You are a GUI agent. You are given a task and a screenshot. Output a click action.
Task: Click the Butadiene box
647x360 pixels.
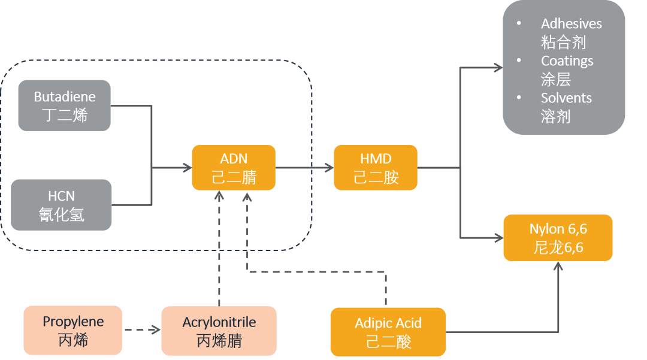[64, 105]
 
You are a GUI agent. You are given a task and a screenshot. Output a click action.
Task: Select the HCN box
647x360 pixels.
[61, 205]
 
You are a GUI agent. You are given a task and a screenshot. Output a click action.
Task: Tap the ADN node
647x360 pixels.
[233, 168]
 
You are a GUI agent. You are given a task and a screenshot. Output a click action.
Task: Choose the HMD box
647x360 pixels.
[376, 168]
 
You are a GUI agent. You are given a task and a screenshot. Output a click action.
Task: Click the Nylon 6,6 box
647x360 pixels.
[558, 238]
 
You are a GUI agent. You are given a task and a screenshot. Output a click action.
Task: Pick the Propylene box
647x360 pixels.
[73, 330]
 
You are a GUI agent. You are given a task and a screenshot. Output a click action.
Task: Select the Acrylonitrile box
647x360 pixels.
[219, 331]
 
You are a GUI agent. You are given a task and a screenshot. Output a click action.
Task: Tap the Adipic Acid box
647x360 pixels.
[388, 331]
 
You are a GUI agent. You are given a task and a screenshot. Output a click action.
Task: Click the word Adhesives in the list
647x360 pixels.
[571, 24]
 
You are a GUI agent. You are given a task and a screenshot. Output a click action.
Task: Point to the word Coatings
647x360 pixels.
[567, 61]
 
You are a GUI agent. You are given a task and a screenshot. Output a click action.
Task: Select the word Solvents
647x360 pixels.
[566, 98]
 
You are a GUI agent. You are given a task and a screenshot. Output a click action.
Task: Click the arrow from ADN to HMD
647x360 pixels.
[304, 168]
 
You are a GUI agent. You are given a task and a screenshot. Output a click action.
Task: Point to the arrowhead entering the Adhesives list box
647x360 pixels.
[497, 68]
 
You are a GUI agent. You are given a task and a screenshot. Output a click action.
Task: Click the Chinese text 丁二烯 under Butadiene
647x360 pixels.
[65, 115]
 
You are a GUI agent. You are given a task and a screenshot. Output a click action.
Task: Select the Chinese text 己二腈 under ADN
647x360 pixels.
[233, 177]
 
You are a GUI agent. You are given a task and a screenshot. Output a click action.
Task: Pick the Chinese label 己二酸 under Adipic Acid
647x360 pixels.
[388, 341]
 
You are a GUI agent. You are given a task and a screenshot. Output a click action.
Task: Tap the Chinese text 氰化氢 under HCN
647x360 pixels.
[61, 214]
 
